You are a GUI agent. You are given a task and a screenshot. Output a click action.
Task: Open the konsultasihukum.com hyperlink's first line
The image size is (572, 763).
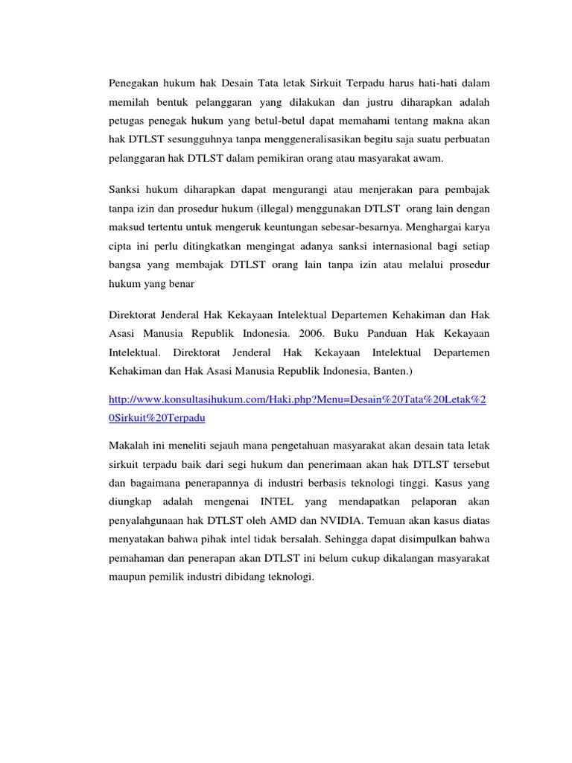point(297,400)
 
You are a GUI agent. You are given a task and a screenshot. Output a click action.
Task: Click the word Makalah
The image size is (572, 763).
point(130,445)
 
